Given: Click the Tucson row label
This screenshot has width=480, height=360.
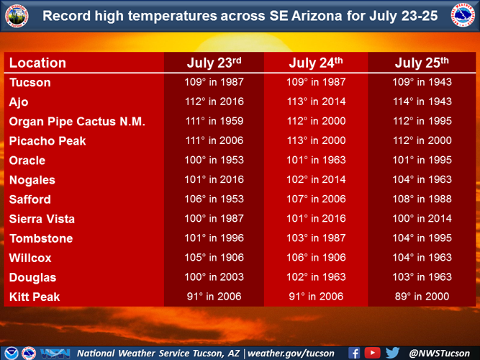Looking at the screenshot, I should (30, 83).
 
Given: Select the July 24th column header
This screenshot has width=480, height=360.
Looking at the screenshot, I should (315, 63).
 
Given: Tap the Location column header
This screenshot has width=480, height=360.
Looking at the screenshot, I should (37, 63).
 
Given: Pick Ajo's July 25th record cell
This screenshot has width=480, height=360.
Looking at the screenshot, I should (422, 102).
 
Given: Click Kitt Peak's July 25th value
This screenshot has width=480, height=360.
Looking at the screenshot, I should (422, 296).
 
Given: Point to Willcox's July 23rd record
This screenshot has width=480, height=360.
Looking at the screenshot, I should (214, 257).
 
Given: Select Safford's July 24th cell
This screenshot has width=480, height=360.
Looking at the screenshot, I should (315, 199).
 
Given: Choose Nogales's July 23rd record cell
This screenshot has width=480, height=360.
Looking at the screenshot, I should (214, 180).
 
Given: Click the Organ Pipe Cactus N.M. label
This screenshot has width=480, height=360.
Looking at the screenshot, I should (77, 122).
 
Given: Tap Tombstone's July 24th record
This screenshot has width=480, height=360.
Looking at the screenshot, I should (315, 238).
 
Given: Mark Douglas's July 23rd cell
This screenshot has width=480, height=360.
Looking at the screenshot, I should (214, 276).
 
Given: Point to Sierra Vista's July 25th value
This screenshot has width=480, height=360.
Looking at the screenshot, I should (422, 218).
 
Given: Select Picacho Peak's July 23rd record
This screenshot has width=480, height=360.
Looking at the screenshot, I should (214, 140).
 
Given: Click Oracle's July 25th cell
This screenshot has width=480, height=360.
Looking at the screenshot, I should (422, 160).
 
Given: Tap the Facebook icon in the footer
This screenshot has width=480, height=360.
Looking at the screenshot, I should (354, 353).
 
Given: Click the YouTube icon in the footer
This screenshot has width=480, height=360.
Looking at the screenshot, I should (372, 353).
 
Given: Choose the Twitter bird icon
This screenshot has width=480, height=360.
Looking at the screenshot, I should (392, 353).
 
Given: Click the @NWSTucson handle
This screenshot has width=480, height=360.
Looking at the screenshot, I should (440, 353).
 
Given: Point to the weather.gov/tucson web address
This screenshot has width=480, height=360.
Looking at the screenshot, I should (291, 353).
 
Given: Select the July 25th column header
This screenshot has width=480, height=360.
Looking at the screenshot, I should (422, 63).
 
